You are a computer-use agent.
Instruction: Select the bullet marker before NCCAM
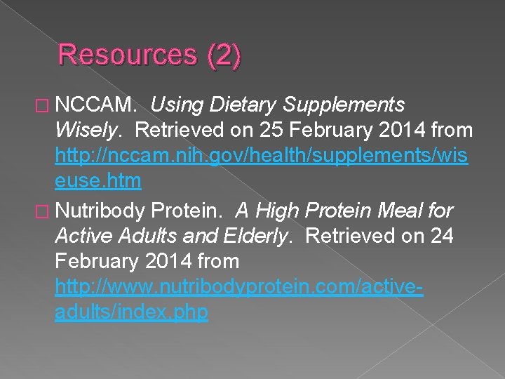pos(43,106)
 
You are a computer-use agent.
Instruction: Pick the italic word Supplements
pos(344,105)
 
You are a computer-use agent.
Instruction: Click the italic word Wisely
pos(90,131)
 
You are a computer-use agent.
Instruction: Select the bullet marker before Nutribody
pos(43,211)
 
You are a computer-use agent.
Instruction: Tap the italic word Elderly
pos(256,236)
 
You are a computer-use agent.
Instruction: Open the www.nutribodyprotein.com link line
pos(238,287)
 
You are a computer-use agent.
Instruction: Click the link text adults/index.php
pos(131,312)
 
